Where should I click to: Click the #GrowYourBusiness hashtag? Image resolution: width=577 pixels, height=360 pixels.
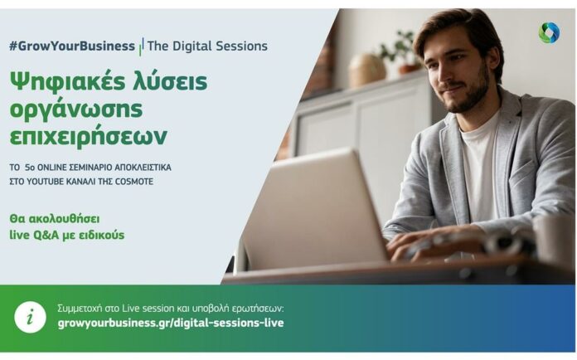pos(72,46)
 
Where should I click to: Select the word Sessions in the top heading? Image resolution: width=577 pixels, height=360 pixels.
pos(241,46)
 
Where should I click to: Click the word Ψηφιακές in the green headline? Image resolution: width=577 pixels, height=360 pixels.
pos(66,83)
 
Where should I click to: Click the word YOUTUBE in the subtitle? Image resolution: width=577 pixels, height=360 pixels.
pos(46,182)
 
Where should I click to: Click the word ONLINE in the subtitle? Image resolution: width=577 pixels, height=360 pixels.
pos(52,168)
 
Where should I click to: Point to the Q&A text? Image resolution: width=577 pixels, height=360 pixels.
pos(46,236)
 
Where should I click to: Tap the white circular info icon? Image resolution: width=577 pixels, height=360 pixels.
pos(30,318)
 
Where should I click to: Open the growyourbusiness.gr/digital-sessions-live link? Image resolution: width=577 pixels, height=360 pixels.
pos(171,324)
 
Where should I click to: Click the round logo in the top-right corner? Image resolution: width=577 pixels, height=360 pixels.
pos(549,32)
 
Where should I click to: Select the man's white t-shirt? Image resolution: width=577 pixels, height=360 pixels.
pos(479,162)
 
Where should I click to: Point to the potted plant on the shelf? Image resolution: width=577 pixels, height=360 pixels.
pos(403,51)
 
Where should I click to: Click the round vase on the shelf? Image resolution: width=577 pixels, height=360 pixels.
pos(366,71)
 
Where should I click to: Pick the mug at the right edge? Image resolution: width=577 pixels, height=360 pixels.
pos(555,240)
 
